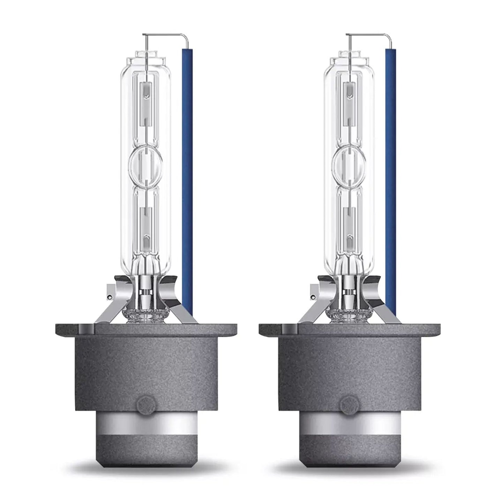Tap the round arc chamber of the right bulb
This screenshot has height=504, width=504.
(349, 162)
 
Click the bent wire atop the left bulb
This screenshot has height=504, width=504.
(167, 35)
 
